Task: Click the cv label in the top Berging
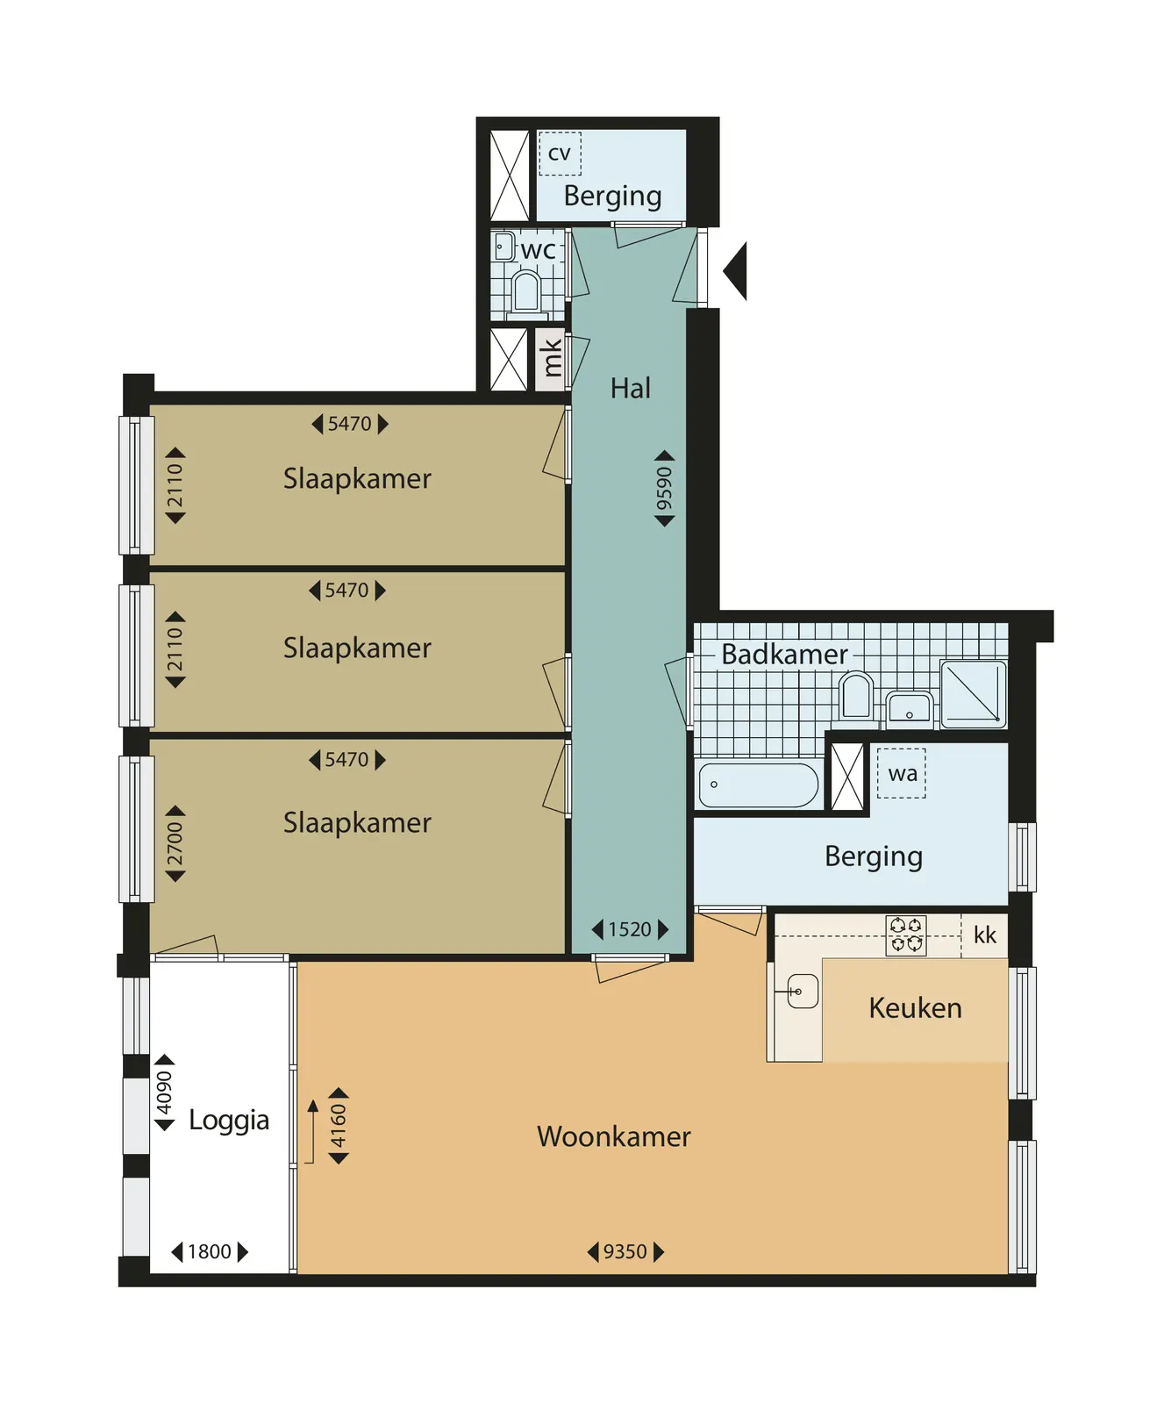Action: (x=559, y=154)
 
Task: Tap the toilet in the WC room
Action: (x=526, y=292)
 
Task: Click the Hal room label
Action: (x=631, y=388)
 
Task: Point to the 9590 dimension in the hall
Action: (x=665, y=489)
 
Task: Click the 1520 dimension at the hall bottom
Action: (x=630, y=929)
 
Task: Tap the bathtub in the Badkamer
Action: (x=759, y=784)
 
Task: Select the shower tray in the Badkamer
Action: (x=973, y=694)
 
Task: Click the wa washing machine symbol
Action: (x=902, y=773)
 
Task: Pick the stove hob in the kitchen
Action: (x=906, y=935)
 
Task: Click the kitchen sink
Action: (x=802, y=992)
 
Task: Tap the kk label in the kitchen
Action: (x=985, y=935)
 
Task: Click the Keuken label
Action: (x=915, y=1007)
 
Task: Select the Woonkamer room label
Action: (x=614, y=1136)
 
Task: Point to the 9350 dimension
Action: (x=625, y=1251)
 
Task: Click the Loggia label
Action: (x=229, y=1121)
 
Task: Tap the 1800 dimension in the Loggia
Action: (x=210, y=1251)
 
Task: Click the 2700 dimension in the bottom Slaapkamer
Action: (x=175, y=843)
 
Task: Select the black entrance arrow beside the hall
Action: (x=735, y=271)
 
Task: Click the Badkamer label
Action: (x=784, y=654)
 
